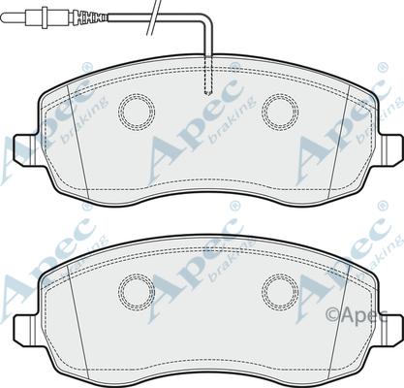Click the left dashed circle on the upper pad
coord(119,112)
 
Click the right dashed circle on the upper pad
coord(263,112)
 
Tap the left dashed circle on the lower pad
coord(119,292)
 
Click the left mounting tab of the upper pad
coord(25,150)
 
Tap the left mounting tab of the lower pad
coord(25,331)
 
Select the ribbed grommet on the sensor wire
coord(90,16)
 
